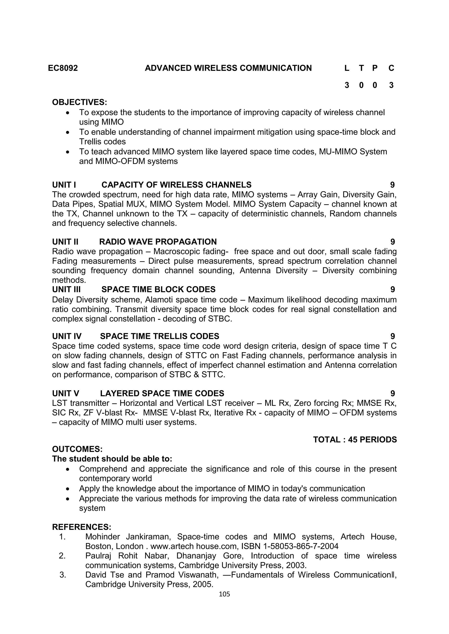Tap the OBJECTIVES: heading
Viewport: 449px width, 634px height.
tap(79, 102)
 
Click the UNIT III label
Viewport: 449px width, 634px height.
tap(66, 289)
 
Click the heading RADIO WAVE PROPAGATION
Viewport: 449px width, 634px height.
tap(158, 242)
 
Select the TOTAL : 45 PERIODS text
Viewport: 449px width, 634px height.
tap(355, 440)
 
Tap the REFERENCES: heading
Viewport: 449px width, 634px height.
tap(82, 527)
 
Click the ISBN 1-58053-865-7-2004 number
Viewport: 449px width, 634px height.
tap(290, 546)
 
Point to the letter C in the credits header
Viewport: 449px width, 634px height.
tap(391, 68)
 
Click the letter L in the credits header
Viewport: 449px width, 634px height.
tap(347, 68)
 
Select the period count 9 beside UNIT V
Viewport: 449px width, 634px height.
tap(393, 393)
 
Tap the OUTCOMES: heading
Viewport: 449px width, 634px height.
tap(77, 449)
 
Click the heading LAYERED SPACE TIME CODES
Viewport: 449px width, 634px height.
tap(162, 393)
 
